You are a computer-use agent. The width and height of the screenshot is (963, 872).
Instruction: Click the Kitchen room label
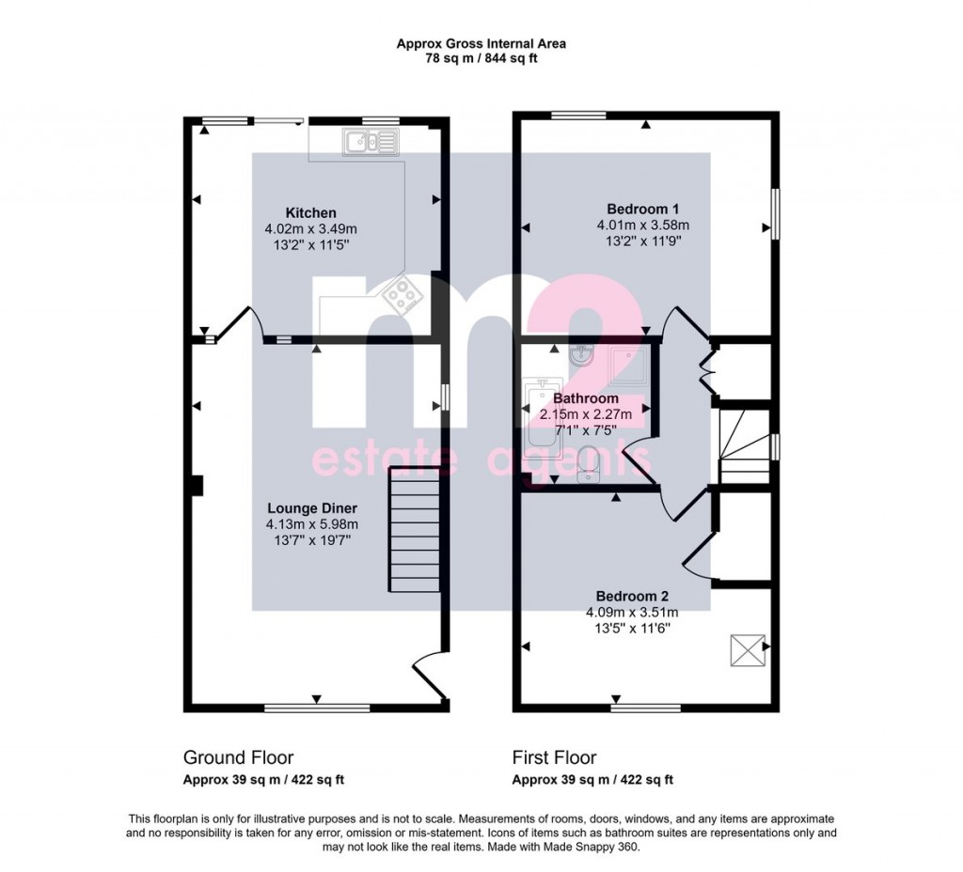pyautogui.click(x=310, y=213)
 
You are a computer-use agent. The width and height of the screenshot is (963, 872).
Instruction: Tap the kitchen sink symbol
pyautogui.click(x=371, y=141)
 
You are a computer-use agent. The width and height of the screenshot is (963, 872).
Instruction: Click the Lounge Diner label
pyautogui.click(x=312, y=508)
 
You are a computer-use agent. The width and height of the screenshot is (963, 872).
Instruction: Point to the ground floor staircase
pyautogui.click(x=415, y=530)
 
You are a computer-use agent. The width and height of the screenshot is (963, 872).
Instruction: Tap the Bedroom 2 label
pyautogui.click(x=632, y=596)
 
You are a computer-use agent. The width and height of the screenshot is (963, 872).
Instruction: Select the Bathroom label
pyautogui.click(x=585, y=398)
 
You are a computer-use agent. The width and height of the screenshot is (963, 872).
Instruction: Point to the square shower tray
pyautogui.click(x=627, y=366)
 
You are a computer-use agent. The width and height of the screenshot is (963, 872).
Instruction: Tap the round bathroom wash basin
pyautogui.click(x=581, y=355)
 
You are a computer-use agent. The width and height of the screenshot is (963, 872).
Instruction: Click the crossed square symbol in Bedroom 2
pyautogui.click(x=748, y=650)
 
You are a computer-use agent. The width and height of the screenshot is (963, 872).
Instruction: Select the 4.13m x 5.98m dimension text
pyautogui.click(x=312, y=524)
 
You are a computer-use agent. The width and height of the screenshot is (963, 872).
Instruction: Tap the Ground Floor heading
pyautogui.click(x=238, y=758)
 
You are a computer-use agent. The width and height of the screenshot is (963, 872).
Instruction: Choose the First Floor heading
pyautogui.click(x=554, y=758)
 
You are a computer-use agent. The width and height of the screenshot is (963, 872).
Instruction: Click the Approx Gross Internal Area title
pyautogui.click(x=481, y=43)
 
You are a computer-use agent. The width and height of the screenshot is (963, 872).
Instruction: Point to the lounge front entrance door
pyautogui.click(x=429, y=674)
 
